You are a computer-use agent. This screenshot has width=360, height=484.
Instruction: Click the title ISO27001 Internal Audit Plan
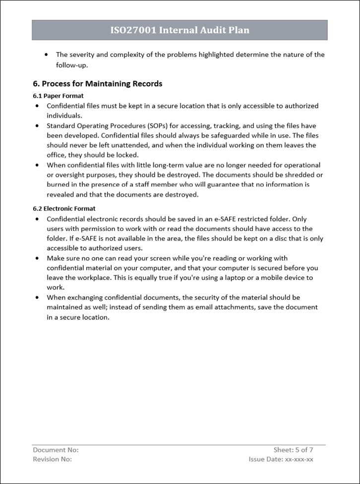[180, 30]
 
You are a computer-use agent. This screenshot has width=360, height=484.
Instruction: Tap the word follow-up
[75, 65]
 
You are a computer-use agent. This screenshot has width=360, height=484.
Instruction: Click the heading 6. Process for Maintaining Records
[98, 84]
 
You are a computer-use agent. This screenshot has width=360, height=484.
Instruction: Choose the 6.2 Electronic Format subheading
[64, 209]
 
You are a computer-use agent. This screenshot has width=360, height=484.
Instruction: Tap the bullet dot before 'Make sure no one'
[38, 258]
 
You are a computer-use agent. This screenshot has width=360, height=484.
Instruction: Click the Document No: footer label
[56, 450]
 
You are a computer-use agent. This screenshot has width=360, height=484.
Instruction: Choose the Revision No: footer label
[52, 459]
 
